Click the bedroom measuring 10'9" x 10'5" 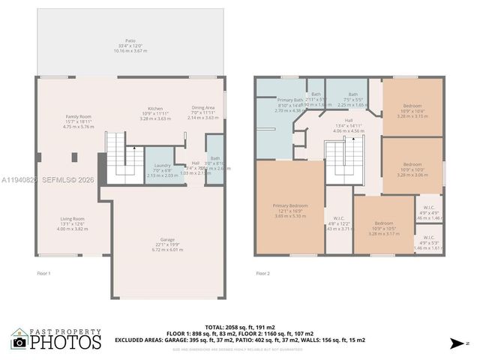383,227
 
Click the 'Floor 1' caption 44,274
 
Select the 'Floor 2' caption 262,274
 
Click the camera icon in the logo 19,342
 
